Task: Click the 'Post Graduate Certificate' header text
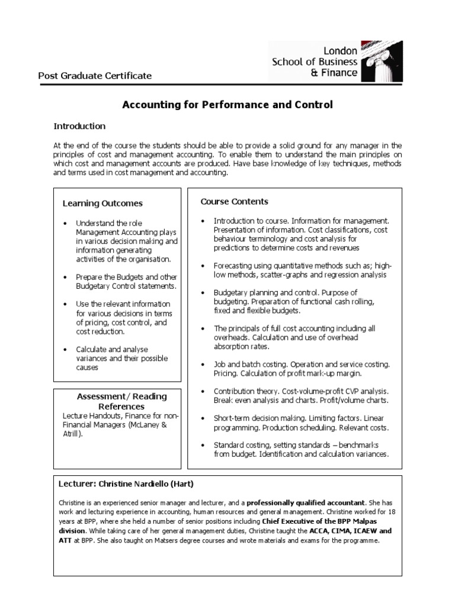(x=95, y=76)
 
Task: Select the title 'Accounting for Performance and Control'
(x=227, y=105)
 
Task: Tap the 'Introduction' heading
(x=79, y=126)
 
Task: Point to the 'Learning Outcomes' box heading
(x=102, y=204)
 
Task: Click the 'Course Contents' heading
(x=234, y=202)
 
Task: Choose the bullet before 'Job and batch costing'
(x=203, y=365)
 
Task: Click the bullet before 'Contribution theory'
(x=203, y=392)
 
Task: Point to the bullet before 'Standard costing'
(x=203, y=445)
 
